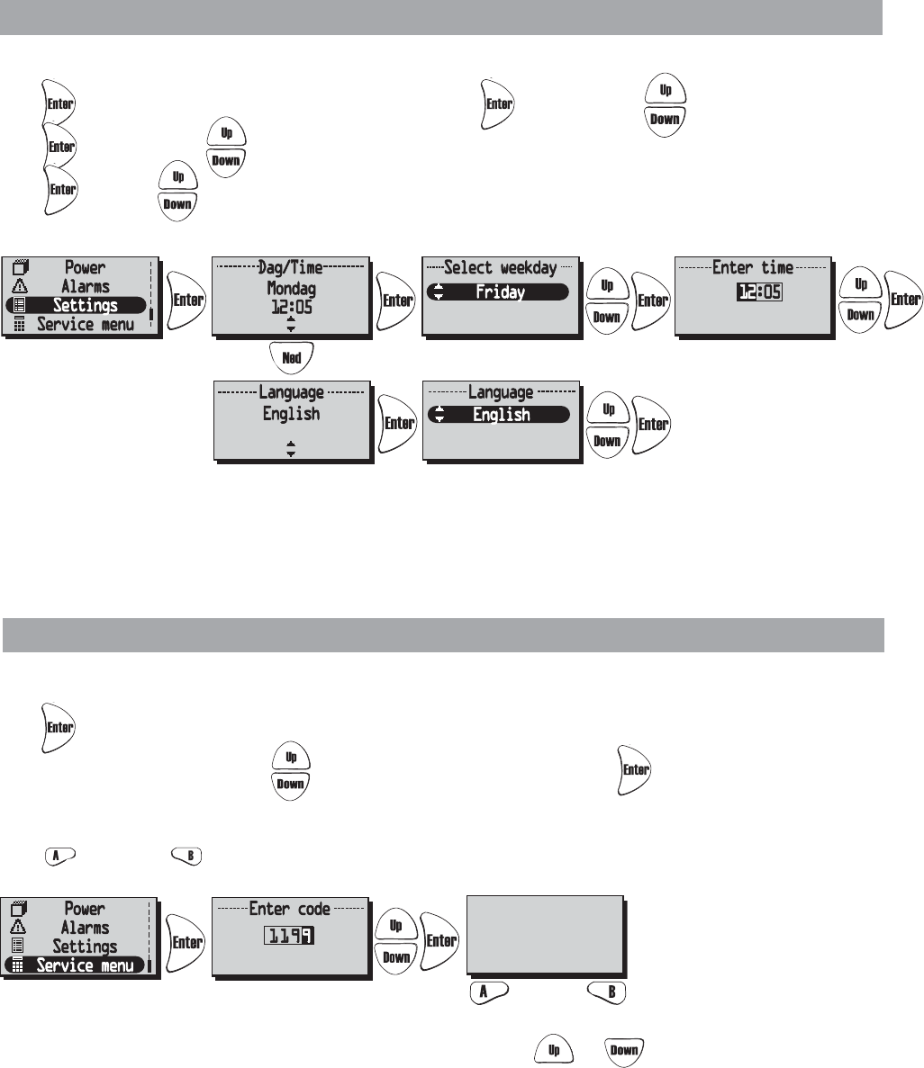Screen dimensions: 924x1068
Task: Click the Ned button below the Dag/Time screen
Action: (x=290, y=355)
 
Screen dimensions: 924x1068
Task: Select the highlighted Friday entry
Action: (x=499, y=292)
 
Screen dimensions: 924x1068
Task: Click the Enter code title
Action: (x=290, y=909)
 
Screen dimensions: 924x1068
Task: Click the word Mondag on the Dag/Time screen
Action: (x=291, y=288)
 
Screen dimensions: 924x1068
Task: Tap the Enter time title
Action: (x=753, y=267)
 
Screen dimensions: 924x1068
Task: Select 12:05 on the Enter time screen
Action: (x=753, y=292)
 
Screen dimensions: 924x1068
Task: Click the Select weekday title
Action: (x=500, y=267)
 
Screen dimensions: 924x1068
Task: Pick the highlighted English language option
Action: (x=499, y=415)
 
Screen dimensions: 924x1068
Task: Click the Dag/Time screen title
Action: (x=291, y=267)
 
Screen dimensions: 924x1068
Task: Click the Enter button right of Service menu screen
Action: (x=186, y=942)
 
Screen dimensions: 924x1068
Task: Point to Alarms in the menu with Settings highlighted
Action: (x=85, y=286)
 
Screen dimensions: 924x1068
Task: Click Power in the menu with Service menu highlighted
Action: (x=85, y=908)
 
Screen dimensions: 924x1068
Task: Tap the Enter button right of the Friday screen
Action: (x=652, y=301)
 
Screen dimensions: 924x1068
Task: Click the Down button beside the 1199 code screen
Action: (x=396, y=957)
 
